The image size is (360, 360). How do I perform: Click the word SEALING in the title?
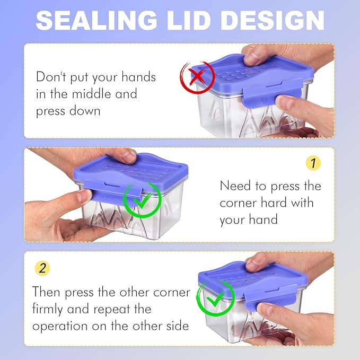(x=96, y=20)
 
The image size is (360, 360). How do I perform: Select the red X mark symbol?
(x=197, y=77)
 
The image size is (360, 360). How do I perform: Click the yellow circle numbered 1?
(x=313, y=163)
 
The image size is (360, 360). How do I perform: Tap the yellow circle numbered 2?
(x=42, y=268)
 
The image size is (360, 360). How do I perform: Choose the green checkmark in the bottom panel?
(x=215, y=298)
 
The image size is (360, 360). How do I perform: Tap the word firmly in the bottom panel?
(x=47, y=309)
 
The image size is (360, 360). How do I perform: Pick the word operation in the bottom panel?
(x=60, y=327)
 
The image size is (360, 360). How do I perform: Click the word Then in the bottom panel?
(x=46, y=292)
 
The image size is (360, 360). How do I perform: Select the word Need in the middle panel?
(x=235, y=186)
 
